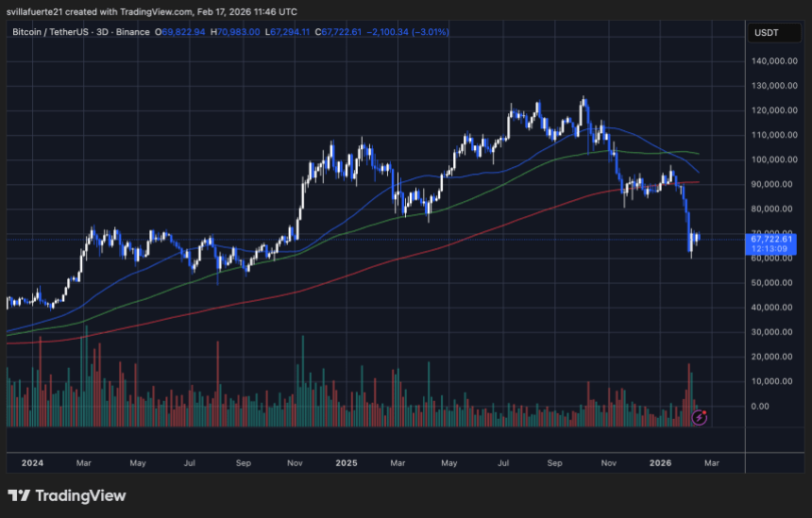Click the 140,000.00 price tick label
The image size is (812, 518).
771,60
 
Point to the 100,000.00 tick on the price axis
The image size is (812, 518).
771,159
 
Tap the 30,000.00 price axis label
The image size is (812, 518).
773,332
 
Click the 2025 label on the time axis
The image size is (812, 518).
347,463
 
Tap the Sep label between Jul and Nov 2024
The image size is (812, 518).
243,463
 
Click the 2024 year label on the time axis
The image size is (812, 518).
32,463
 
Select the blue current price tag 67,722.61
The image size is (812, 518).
772,239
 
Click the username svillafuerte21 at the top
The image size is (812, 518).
40,11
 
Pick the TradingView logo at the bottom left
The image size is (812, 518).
66,495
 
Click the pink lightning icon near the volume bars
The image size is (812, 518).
700,415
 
